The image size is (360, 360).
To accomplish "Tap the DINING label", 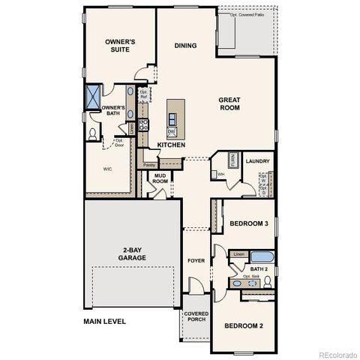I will pyautogui.click(x=185, y=46).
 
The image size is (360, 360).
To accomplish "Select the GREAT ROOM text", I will pyautogui.click(x=229, y=103).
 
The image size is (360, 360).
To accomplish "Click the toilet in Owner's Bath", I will pyautogui.click(x=93, y=133).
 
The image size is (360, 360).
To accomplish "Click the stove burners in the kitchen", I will pyautogui.click(x=144, y=124).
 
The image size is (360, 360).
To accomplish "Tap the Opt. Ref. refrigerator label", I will pyautogui.click(x=143, y=94).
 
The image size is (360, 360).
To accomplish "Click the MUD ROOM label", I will pyautogui.click(x=160, y=180).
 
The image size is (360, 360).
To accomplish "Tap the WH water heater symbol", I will pyautogui.click(x=221, y=174).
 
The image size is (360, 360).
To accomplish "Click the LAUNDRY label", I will pyautogui.click(x=257, y=161).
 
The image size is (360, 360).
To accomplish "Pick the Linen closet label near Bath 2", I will pyautogui.click(x=238, y=255).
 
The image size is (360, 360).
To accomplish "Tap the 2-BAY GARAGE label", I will pyautogui.click(x=131, y=253).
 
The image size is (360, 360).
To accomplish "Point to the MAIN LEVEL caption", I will pyautogui.click(x=104, y=322).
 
